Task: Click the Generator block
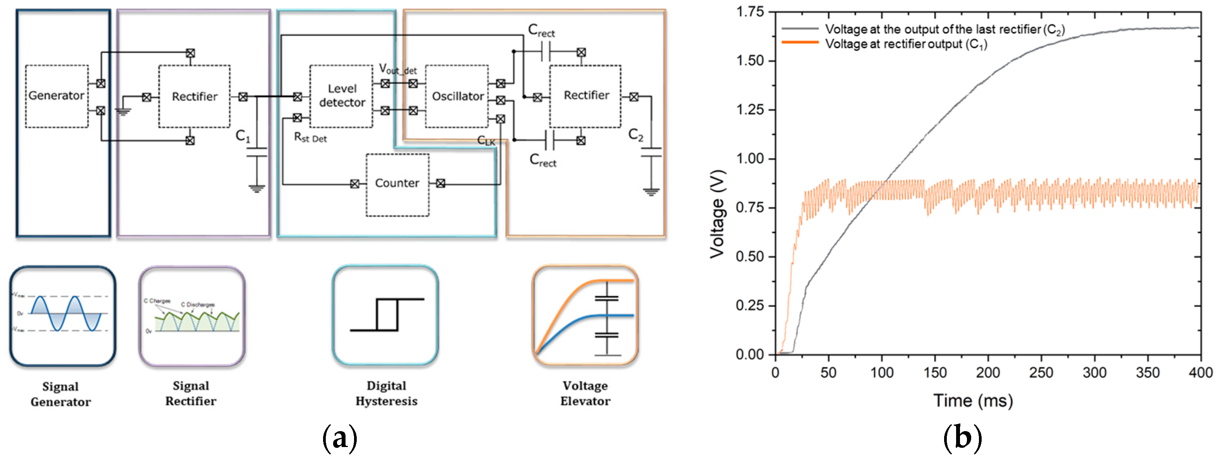pos(56,96)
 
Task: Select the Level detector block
pos(341,96)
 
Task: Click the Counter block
pos(397,184)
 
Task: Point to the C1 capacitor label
pos(243,136)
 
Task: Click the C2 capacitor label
pos(636,135)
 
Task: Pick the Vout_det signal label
pos(397,70)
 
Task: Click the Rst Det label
pos(310,138)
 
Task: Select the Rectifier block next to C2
pos(585,96)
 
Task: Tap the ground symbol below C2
pos(651,192)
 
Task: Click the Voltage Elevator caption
pos(585,393)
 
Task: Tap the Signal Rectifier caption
pos(191,393)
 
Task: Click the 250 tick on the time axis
pos(1041,373)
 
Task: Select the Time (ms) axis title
pos(973,401)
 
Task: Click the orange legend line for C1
pos(800,43)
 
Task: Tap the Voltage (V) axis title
pos(717,214)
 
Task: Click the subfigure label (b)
pos(962,438)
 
